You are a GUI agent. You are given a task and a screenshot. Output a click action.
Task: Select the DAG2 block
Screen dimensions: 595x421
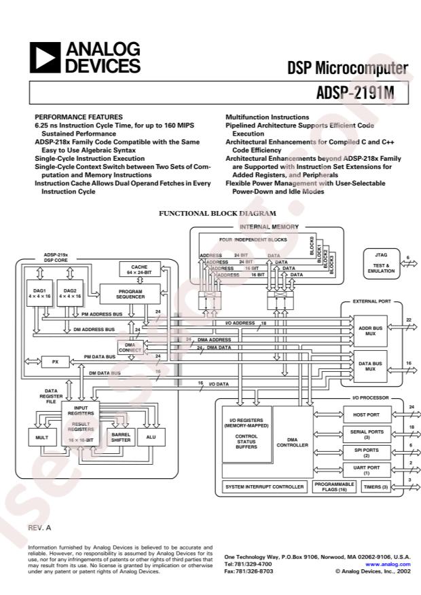click(x=70, y=292)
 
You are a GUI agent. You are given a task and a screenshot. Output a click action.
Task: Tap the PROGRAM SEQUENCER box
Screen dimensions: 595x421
click(x=130, y=293)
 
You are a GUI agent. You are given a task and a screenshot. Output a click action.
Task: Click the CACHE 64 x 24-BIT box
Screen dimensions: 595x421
click(x=139, y=270)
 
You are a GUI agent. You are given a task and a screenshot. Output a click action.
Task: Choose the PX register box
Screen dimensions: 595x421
click(x=55, y=362)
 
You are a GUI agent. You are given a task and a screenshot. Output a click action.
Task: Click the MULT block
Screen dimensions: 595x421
click(x=40, y=438)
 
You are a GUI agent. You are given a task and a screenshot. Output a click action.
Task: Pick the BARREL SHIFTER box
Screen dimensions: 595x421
click(x=121, y=438)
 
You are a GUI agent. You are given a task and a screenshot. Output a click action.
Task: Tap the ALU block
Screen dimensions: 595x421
click(x=151, y=438)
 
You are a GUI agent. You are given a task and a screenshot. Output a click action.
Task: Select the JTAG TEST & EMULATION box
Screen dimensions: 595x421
click(x=381, y=263)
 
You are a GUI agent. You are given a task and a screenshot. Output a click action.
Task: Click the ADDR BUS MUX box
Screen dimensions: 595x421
click(x=369, y=330)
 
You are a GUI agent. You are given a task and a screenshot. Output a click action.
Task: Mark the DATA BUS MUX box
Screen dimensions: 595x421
click(x=369, y=366)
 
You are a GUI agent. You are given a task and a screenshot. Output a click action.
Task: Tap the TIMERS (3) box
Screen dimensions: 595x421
click(x=375, y=487)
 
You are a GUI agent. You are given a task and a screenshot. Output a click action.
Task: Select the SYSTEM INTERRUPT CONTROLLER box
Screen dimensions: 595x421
click(x=265, y=487)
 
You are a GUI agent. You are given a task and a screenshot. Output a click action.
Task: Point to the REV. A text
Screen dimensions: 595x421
click(x=40, y=527)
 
